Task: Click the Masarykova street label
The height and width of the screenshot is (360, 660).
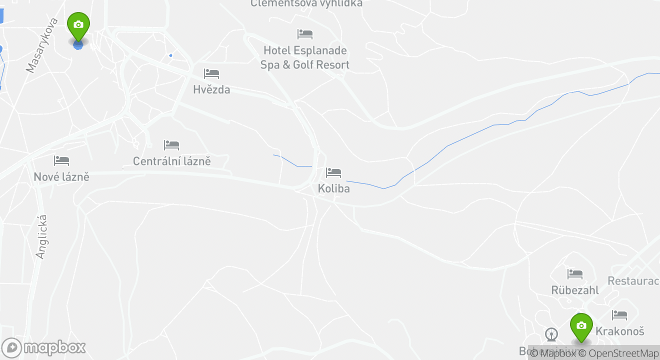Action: tap(42, 45)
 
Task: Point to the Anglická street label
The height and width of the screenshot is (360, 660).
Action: tap(41, 236)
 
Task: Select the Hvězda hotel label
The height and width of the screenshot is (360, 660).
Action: tap(211, 89)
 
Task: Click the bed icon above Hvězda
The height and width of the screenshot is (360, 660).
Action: tap(211, 74)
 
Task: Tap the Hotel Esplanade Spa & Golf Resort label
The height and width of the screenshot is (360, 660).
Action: tap(304, 57)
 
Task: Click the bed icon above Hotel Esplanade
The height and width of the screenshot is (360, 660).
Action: tap(304, 34)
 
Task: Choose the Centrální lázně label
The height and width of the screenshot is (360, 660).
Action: tap(171, 161)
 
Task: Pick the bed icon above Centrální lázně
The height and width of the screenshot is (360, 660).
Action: tap(171, 145)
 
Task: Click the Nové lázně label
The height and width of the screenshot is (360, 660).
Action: tap(61, 176)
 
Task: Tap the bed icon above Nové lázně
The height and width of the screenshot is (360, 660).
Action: tap(61, 161)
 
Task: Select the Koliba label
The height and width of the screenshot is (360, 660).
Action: tap(333, 188)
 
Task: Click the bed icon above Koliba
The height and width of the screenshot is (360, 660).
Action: tap(333, 173)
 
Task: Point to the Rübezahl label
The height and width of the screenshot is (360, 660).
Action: tap(574, 290)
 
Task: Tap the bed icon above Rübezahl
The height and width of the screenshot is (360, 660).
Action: tap(574, 274)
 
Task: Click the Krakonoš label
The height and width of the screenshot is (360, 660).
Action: tap(619, 331)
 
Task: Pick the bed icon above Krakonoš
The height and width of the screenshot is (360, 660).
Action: tap(619, 315)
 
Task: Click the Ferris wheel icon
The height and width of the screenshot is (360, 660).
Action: tap(551, 334)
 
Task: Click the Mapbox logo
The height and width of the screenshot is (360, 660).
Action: tap(43, 347)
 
